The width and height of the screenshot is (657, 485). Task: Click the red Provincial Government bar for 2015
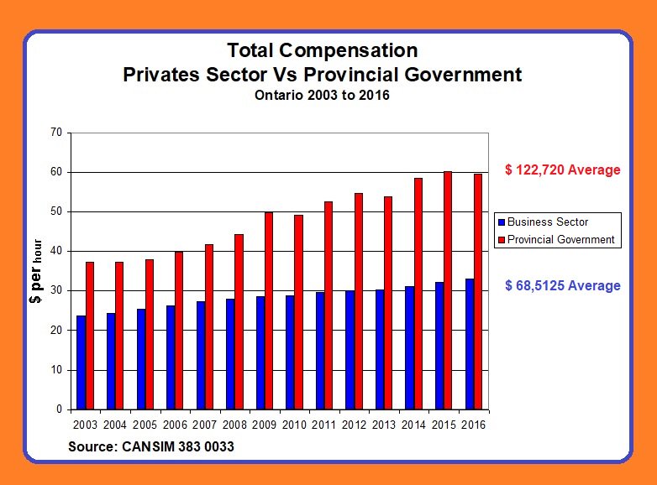[448, 290]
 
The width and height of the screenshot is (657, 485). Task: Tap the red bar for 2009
[269, 310]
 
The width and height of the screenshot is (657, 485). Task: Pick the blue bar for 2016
[469, 344]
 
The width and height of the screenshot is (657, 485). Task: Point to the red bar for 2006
[179, 331]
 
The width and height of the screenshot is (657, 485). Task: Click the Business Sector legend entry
[549, 222]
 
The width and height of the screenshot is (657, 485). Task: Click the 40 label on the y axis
[57, 251]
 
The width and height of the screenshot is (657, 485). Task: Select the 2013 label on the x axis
[384, 425]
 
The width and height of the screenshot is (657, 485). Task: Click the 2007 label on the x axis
[204, 425]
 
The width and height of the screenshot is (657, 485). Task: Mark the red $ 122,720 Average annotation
[562, 170]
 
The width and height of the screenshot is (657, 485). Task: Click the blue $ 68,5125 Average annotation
[562, 286]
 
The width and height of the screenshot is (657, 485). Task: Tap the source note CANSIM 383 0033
[151, 447]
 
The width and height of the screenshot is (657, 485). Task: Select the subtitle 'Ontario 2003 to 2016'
[322, 96]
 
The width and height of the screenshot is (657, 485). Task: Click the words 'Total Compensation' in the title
[322, 50]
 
